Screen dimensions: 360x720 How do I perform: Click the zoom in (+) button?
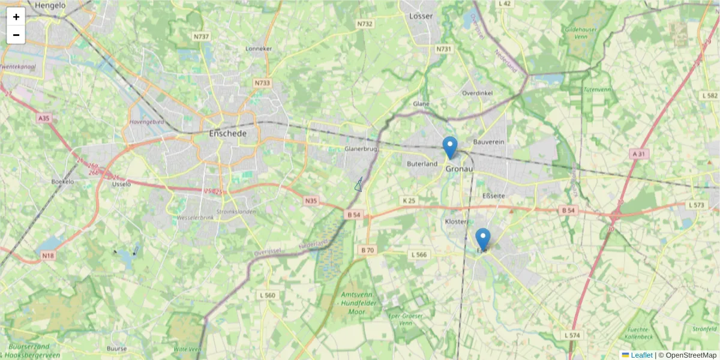16,17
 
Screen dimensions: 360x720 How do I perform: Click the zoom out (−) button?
16,35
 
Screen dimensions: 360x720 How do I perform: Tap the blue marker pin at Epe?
482,239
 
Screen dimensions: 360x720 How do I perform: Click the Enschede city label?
227,133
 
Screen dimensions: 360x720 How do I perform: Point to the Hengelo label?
50,5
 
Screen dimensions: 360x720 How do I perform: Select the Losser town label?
421,16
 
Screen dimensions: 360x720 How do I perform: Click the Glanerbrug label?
360,148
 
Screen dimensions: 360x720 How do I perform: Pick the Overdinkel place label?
477,93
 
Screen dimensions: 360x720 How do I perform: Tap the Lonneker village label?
259,49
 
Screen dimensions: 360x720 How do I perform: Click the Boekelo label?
62,181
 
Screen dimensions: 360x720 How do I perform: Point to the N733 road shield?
262,83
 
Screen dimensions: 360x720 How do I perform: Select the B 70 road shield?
367,250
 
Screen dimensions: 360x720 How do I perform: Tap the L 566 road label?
419,255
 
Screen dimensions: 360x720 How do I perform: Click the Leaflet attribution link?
641,355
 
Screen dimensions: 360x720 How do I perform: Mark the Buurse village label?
116,349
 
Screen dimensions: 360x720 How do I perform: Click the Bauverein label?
488,142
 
